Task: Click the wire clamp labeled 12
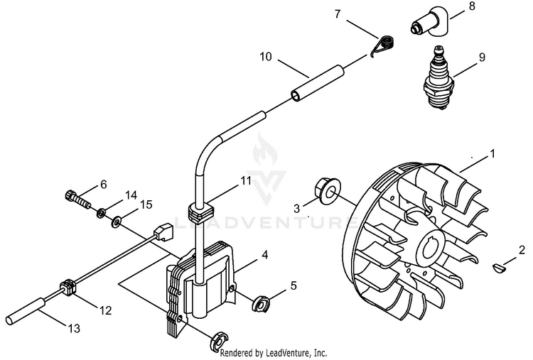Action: point(70,288)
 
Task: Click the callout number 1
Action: point(492,153)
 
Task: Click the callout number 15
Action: point(145,205)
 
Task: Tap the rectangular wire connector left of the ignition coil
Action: point(163,231)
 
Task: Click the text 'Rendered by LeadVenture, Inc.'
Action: point(274,352)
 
